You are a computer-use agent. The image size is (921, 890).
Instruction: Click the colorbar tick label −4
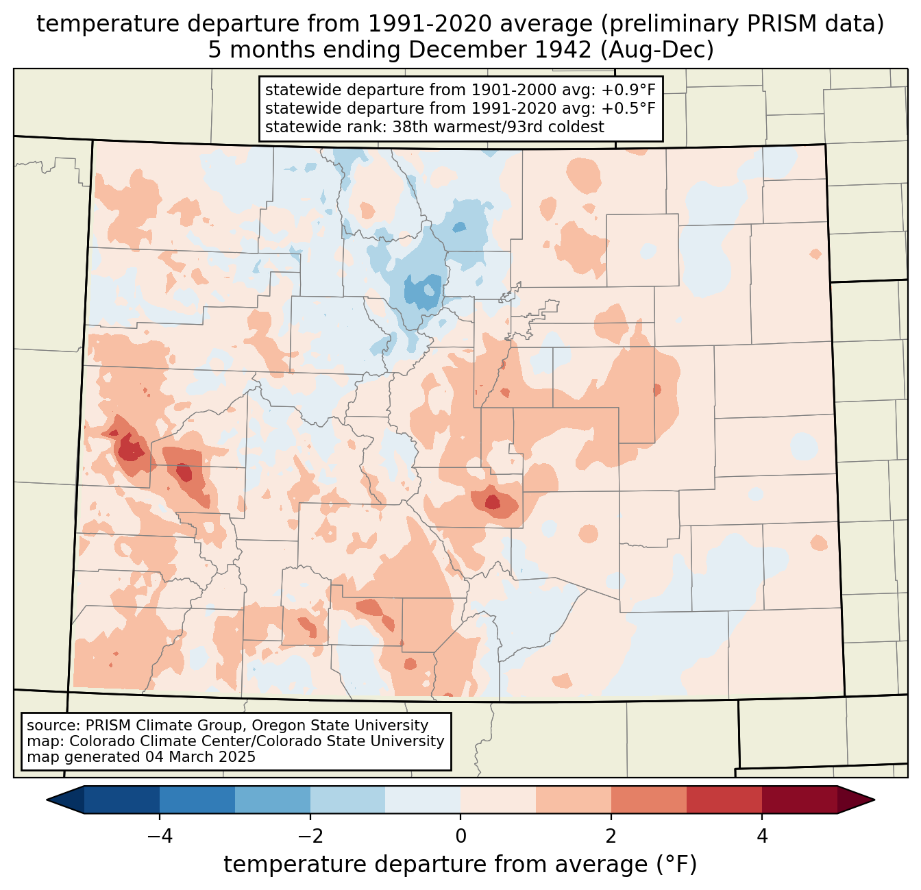click(x=160, y=837)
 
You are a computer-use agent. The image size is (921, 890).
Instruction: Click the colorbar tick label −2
click(x=310, y=837)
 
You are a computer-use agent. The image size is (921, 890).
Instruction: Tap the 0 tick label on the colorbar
click(x=460, y=837)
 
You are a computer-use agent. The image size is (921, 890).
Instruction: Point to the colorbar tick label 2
click(x=611, y=837)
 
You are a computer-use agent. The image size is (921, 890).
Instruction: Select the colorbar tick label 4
click(x=762, y=837)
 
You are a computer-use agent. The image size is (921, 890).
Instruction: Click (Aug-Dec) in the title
click(x=657, y=50)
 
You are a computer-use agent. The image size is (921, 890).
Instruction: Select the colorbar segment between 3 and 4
click(x=724, y=800)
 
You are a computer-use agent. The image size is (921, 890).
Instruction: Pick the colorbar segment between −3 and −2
click(x=273, y=800)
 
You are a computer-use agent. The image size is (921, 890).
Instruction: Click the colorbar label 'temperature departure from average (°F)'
click(x=460, y=865)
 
